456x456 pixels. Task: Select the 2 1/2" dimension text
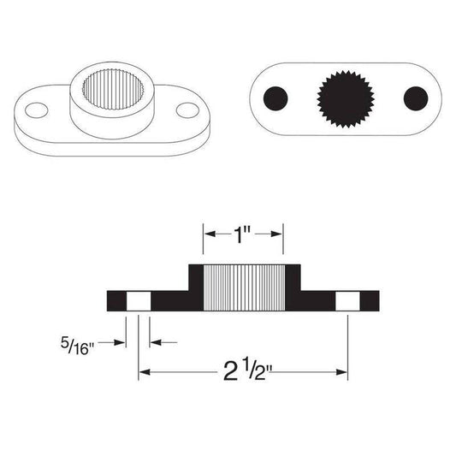point(243,373)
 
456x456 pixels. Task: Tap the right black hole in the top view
point(415,98)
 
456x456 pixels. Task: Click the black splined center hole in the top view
point(344,98)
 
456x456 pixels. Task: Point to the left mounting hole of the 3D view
point(37,110)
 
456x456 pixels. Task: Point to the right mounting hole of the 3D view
point(186,110)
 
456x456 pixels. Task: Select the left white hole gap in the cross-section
point(138,300)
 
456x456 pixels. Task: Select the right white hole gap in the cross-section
point(347,300)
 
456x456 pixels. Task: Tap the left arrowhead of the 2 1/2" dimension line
point(144,373)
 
